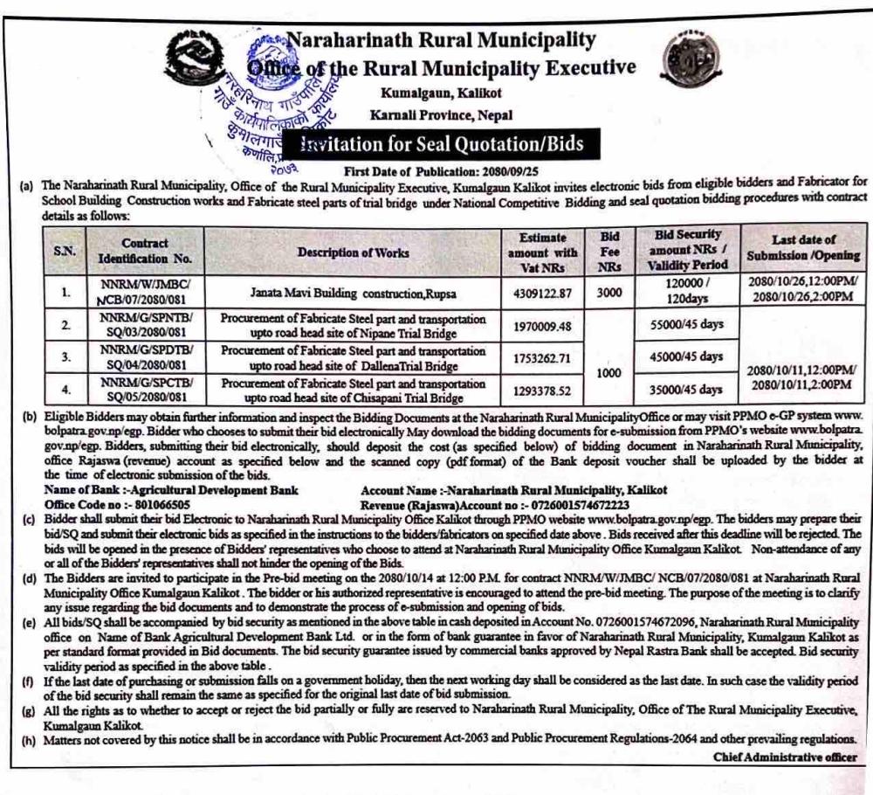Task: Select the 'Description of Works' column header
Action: (353, 252)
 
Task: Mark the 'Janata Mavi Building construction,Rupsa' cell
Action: (353, 294)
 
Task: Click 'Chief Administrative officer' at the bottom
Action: (785, 757)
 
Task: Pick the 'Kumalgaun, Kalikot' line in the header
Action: (441, 93)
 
